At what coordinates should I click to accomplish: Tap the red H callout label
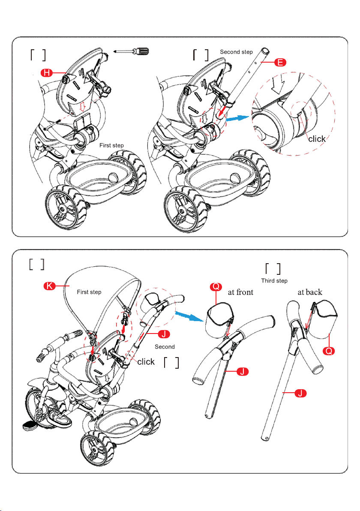click(x=47, y=73)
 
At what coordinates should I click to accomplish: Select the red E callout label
click(x=280, y=62)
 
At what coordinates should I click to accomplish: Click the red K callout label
click(x=50, y=286)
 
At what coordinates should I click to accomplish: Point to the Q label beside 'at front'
click(x=216, y=286)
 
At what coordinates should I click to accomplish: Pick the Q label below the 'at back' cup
click(x=329, y=351)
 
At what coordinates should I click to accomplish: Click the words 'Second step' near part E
click(x=236, y=52)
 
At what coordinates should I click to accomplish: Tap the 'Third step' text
click(x=274, y=281)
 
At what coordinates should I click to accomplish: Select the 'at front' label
click(x=240, y=292)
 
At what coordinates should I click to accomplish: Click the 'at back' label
click(x=310, y=292)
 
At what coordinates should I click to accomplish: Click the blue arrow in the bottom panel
click(x=189, y=316)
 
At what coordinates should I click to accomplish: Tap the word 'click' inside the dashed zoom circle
click(x=317, y=139)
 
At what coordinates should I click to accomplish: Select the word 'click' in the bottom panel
click(x=146, y=362)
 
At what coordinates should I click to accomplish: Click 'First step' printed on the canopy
click(x=89, y=292)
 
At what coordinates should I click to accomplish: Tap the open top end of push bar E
click(x=265, y=51)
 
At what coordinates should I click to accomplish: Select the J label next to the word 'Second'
click(x=164, y=334)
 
